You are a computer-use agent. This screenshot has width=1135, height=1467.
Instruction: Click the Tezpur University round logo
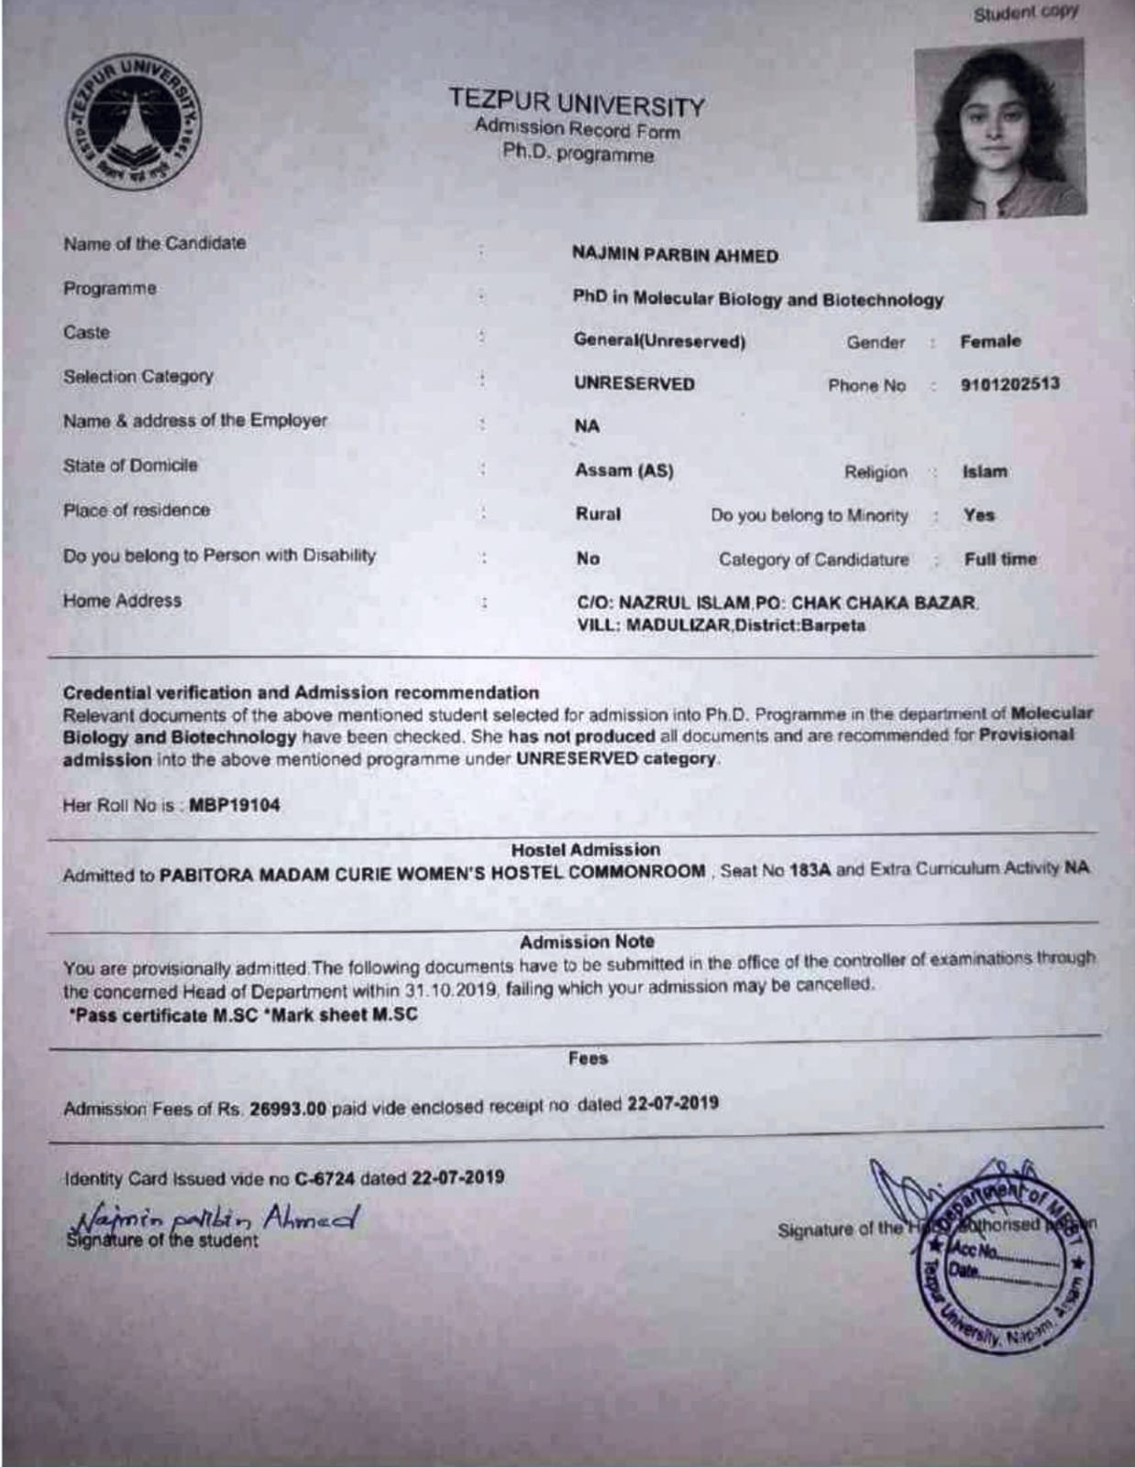(x=133, y=122)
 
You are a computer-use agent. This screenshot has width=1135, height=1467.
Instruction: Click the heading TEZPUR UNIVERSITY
(x=577, y=103)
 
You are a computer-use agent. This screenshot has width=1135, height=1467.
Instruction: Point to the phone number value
(x=1009, y=384)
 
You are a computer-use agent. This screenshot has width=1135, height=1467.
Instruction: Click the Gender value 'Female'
(x=990, y=341)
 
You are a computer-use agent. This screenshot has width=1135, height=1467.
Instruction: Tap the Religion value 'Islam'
(x=985, y=472)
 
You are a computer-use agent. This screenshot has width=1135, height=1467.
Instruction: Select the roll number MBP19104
(x=235, y=806)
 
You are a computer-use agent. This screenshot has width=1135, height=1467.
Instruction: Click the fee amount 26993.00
(x=288, y=1109)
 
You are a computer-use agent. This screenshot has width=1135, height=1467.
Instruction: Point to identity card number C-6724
(x=325, y=1178)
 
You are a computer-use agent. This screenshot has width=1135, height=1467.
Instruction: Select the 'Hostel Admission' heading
(x=585, y=850)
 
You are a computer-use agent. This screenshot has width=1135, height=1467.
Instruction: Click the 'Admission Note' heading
(x=587, y=942)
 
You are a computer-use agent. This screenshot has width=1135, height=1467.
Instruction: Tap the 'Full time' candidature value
(x=1000, y=559)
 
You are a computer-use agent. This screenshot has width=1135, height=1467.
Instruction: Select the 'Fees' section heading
(x=588, y=1058)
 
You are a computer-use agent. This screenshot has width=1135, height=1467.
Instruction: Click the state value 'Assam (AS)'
(x=624, y=470)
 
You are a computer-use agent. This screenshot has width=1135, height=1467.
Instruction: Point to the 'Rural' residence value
(x=598, y=514)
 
